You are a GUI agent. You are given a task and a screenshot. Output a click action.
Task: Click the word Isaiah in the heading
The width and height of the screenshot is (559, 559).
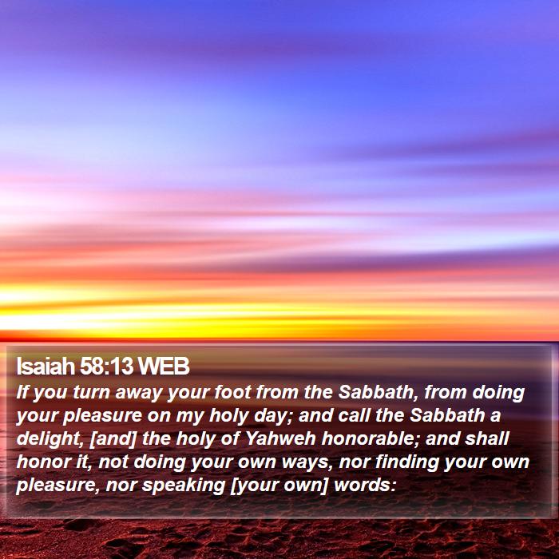(46, 366)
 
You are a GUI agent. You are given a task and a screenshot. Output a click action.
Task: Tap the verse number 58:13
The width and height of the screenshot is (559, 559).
(106, 366)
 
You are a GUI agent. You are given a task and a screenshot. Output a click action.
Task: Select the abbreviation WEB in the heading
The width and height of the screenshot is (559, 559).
(164, 366)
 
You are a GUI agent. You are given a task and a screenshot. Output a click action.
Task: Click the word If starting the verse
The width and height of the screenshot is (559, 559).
(22, 392)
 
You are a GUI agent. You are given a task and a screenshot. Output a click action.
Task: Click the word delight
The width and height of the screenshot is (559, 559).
(50, 439)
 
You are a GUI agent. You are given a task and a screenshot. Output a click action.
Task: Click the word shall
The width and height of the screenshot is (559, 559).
(487, 438)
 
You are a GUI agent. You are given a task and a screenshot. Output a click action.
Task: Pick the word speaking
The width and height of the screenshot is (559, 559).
(183, 486)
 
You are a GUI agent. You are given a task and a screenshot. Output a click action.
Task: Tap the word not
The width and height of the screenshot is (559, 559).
(113, 462)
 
